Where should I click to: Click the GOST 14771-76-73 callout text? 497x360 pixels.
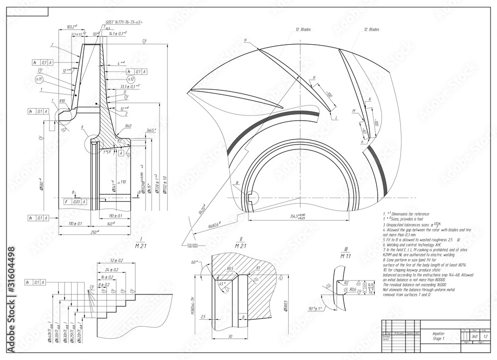point(124,22)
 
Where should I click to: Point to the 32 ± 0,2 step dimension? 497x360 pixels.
point(117,260)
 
